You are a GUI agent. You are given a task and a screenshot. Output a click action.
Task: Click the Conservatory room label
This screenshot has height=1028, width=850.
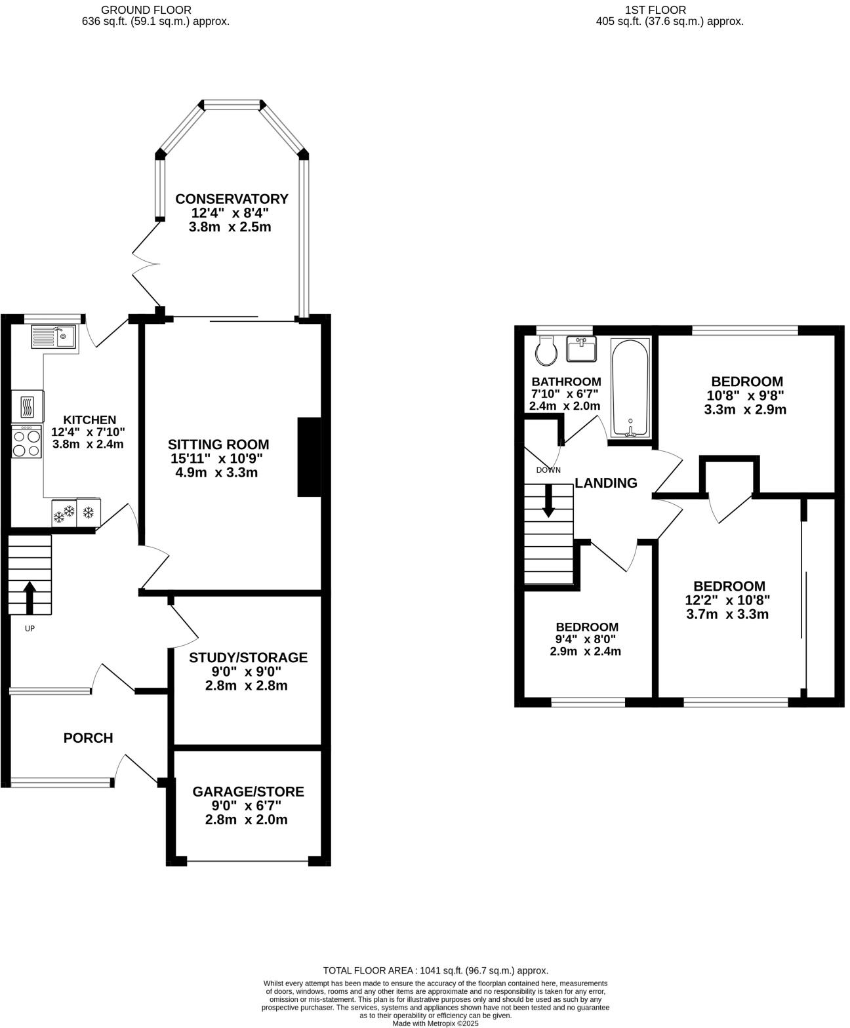click(x=232, y=199)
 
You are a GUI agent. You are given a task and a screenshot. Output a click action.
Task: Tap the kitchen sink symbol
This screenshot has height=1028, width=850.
click(x=54, y=337)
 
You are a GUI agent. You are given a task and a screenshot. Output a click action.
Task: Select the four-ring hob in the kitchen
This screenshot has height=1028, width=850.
click(x=27, y=442)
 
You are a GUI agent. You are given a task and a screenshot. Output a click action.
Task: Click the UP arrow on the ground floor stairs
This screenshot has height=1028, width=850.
click(x=30, y=596)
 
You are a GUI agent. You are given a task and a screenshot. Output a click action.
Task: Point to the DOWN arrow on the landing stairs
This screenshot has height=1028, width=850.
click(x=548, y=502)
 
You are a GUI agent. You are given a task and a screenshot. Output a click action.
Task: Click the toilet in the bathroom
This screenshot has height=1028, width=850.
click(x=545, y=351)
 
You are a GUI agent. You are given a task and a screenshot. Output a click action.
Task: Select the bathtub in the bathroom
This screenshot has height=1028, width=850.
click(x=630, y=388)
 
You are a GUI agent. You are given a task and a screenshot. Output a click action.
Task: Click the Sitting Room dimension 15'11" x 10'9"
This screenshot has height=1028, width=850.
click(x=218, y=458)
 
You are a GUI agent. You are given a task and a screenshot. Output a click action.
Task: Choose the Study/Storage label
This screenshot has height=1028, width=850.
click(x=248, y=658)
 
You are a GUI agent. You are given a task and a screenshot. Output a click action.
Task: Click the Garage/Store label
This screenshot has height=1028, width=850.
click(x=248, y=791)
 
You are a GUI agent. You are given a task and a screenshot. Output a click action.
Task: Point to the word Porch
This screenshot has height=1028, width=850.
click(x=88, y=738)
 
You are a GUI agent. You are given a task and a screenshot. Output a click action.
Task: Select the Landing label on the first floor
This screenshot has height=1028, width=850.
click(x=606, y=483)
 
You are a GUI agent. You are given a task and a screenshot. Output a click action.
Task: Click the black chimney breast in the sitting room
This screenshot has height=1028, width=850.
click(x=310, y=457)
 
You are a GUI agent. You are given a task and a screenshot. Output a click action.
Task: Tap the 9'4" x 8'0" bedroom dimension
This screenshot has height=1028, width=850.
click(x=586, y=639)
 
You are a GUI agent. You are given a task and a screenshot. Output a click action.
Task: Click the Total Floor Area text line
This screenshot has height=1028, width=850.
click(x=435, y=970)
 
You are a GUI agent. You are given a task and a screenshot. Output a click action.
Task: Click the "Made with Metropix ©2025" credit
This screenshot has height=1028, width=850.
click(x=435, y=1023)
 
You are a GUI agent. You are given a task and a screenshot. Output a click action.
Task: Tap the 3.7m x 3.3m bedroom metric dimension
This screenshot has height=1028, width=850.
click(x=727, y=614)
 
